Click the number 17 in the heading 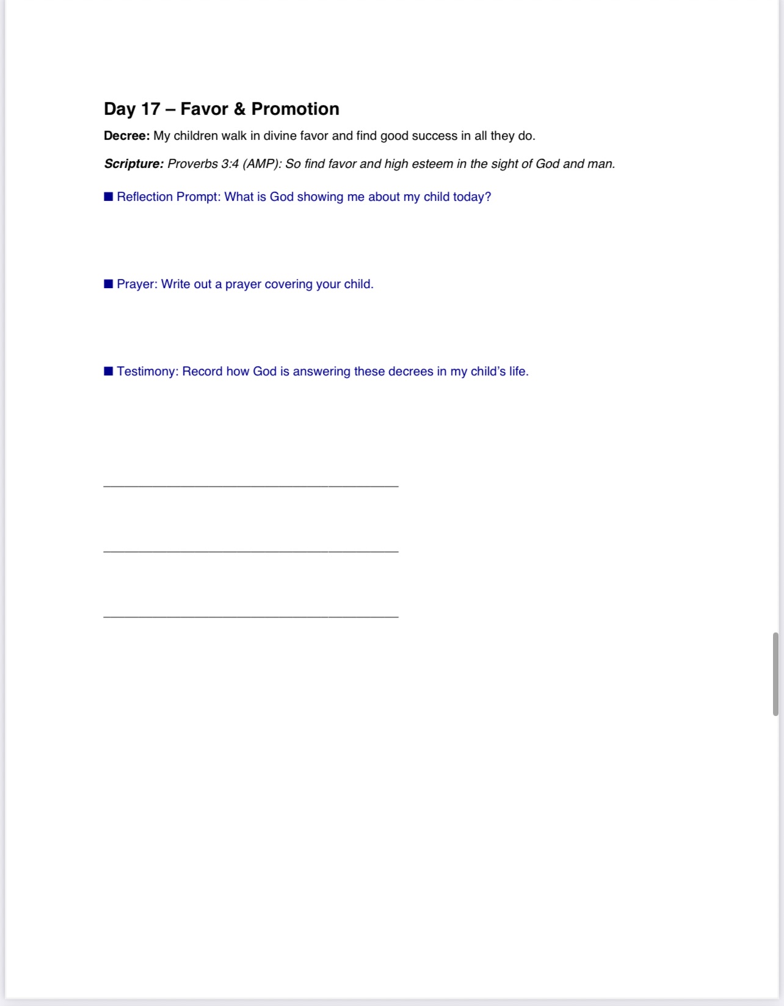[x=150, y=109]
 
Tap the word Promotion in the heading [x=295, y=109]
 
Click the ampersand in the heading [x=239, y=109]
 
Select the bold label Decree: [x=126, y=136]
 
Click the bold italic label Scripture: [x=134, y=164]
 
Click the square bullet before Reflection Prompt [x=109, y=197]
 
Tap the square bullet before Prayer [x=109, y=284]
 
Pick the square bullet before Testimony [x=109, y=371]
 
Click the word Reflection [x=145, y=197]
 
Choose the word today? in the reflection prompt [x=471, y=197]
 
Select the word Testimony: [x=148, y=372]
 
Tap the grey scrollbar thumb [x=775, y=674]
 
